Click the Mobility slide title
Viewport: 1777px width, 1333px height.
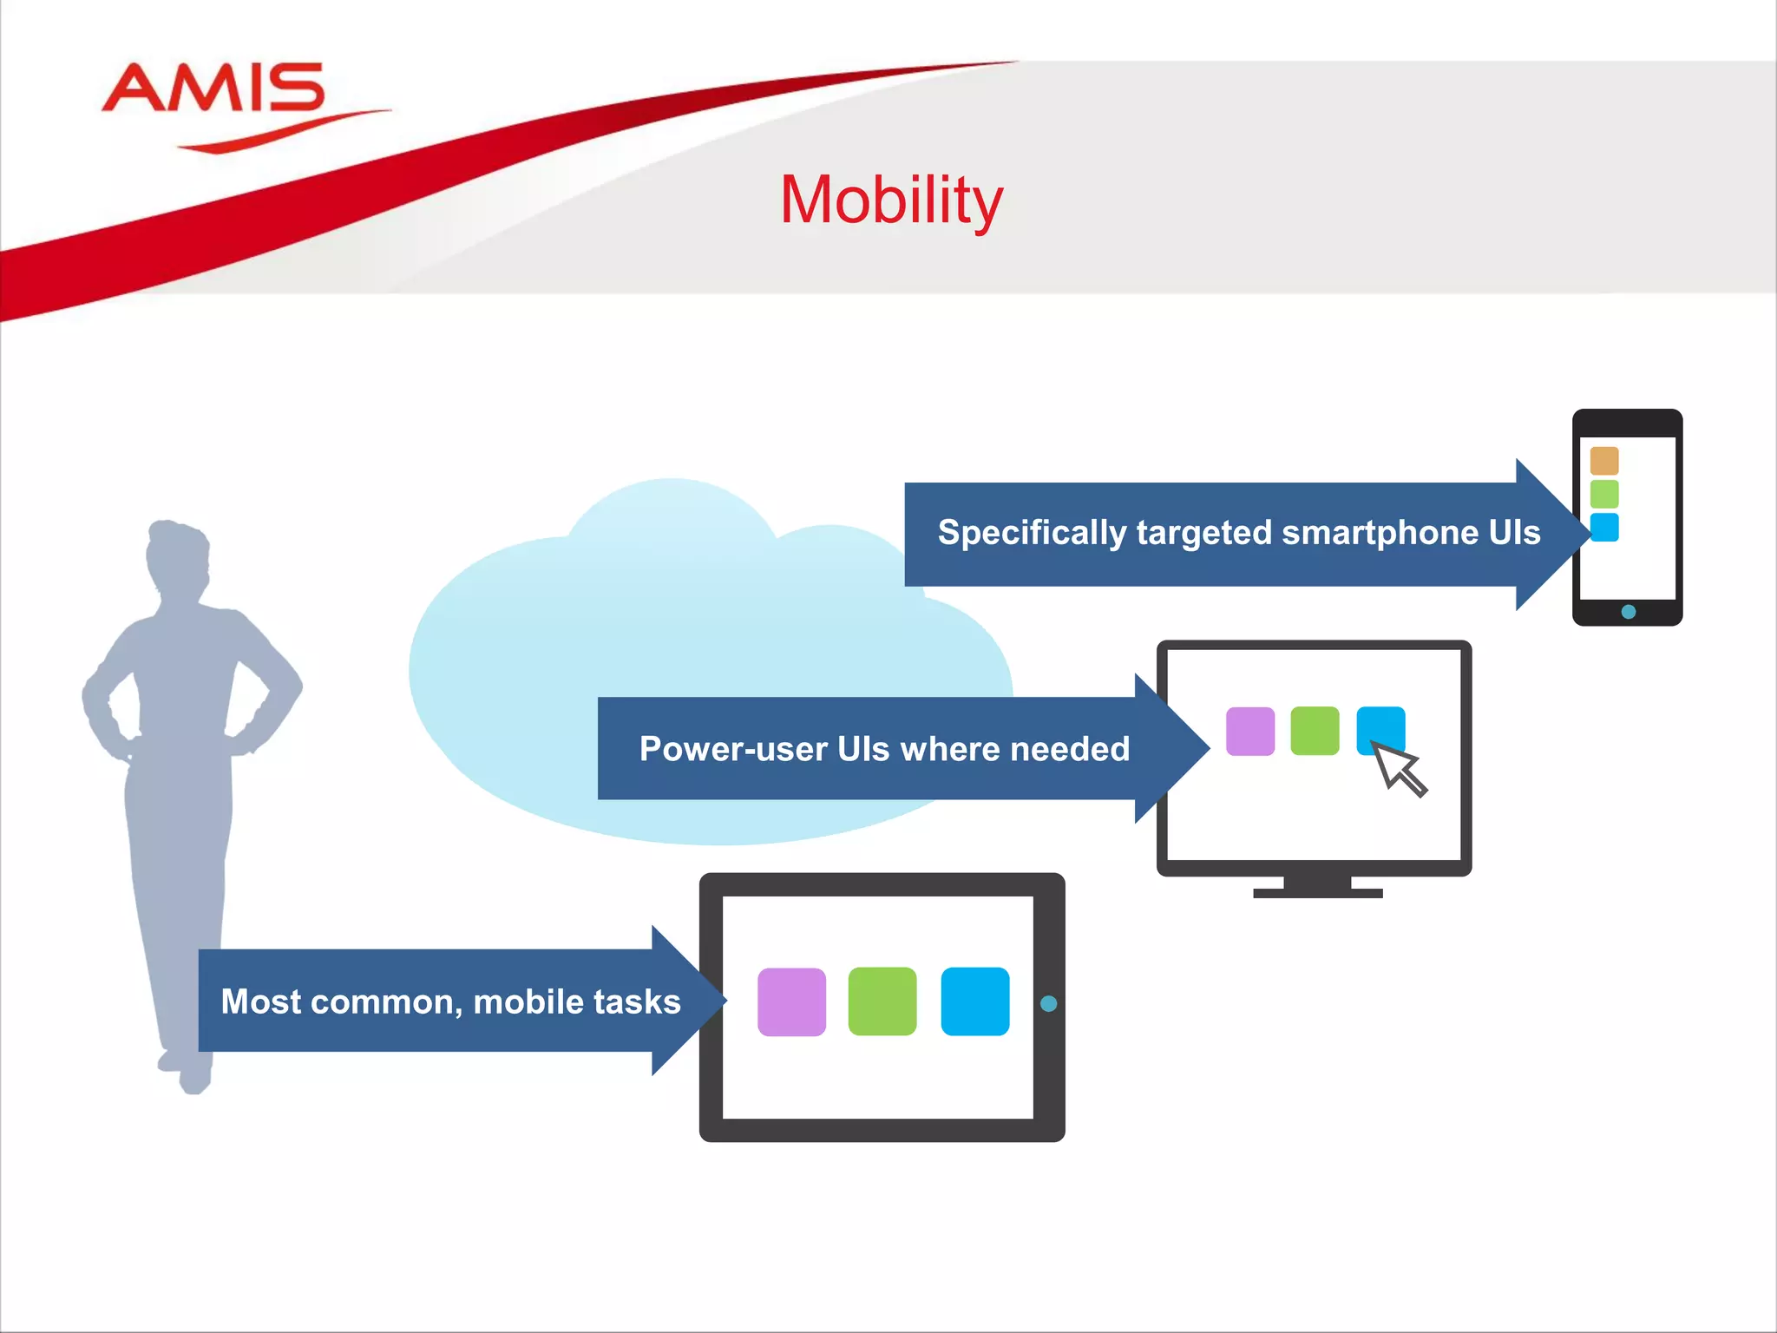pyautogui.click(x=891, y=200)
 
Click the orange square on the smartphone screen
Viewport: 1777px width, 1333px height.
pyautogui.click(x=1604, y=461)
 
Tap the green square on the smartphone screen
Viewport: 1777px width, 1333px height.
pyautogui.click(x=1604, y=494)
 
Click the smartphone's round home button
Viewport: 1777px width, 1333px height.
pyautogui.click(x=1629, y=612)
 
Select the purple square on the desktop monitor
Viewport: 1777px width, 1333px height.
pyautogui.click(x=1250, y=732)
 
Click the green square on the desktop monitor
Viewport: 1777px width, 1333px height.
pyautogui.click(x=1315, y=732)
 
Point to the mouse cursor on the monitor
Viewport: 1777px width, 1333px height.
pyautogui.click(x=1398, y=768)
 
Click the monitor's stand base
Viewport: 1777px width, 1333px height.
pyautogui.click(x=1317, y=891)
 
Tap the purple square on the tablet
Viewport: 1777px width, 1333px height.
pyautogui.click(x=791, y=1002)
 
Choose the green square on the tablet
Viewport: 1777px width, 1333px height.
pyautogui.click(x=882, y=1001)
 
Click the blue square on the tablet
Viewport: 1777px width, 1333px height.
pyautogui.click(x=975, y=1001)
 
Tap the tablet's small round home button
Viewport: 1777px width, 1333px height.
pyautogui.click(x=1048, y=1004)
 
